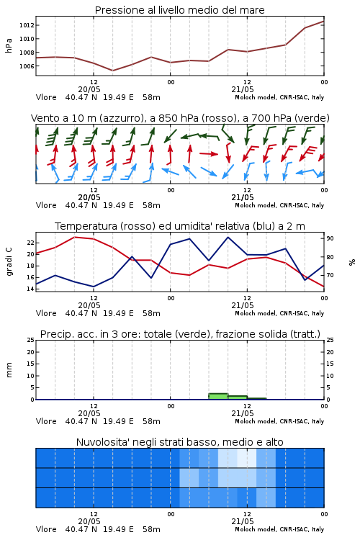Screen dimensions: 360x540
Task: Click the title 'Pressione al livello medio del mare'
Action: point(179,10)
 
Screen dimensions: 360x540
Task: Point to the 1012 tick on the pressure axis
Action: point(27,25)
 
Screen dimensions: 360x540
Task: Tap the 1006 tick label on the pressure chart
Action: point(27,66)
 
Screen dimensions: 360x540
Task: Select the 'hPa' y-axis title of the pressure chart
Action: point(9,45)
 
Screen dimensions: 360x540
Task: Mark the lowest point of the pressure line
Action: point(112,71)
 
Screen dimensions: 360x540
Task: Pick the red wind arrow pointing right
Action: point(209,153)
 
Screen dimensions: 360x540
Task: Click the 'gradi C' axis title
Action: point(9,262)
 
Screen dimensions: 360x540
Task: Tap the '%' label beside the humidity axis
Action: point(352,262)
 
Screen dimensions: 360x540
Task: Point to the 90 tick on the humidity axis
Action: point(330,238)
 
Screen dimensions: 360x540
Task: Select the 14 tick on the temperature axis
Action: point(30,289)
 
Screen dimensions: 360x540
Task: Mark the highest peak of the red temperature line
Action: point(74,237)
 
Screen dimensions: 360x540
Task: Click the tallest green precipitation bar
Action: point(218,397)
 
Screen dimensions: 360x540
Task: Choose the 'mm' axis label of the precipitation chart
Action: point(9,370)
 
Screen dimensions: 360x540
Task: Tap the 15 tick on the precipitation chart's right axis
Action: point(330,364)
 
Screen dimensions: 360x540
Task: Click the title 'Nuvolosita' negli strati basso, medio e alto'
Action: point(179,442)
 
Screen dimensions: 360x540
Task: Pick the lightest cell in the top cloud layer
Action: point(247,458)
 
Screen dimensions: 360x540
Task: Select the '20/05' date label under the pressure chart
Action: point(89,89)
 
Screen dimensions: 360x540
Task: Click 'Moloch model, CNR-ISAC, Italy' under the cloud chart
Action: point(279,529)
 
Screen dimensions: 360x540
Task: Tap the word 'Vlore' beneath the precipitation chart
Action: point(46,421)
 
